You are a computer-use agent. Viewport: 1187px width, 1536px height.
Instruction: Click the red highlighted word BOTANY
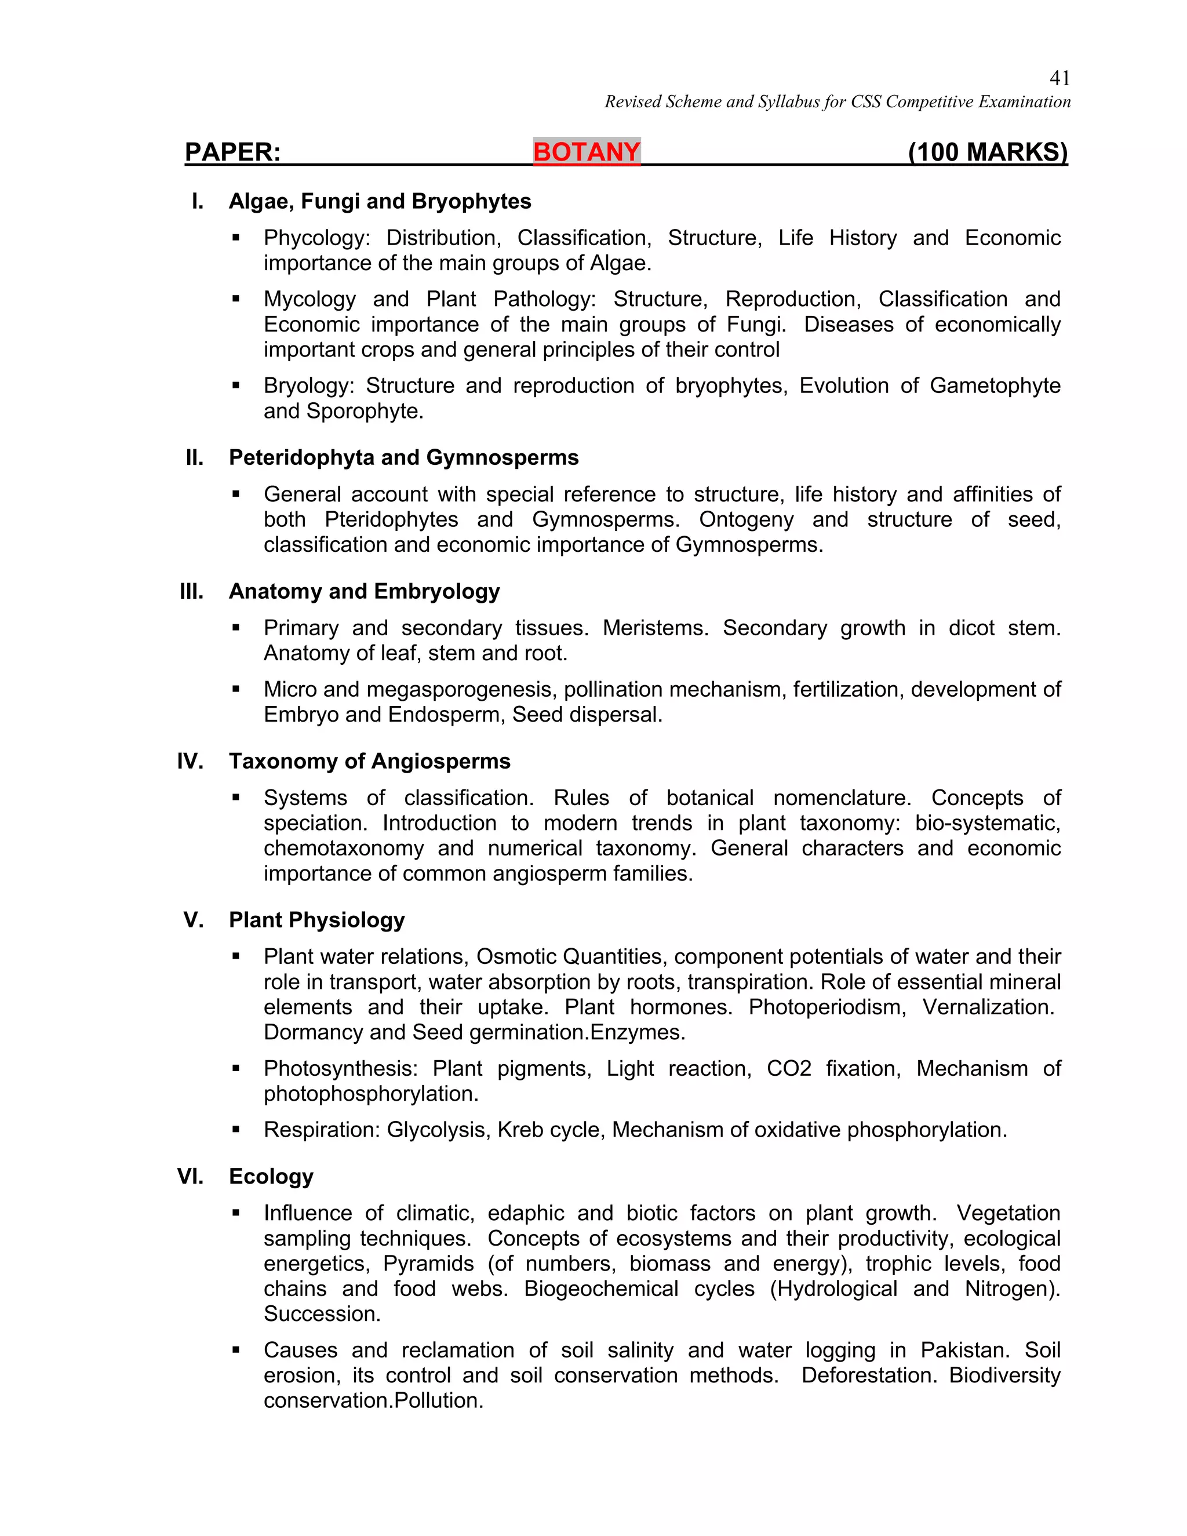[587, 152]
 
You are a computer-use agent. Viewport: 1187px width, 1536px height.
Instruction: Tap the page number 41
[1059, 78]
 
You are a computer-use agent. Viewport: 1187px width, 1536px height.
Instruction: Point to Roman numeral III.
[191, 591]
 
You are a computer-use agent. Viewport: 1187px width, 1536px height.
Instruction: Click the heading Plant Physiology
[316, 920]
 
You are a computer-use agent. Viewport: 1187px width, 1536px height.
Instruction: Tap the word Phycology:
[316, 238]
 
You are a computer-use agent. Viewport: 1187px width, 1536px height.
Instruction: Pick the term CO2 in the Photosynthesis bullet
[788, 1068]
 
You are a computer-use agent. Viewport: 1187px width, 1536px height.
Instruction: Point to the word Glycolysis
[438, 1130]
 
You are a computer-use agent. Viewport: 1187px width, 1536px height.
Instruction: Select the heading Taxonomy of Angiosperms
[369, 761]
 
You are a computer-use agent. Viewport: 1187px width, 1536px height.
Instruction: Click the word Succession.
[321, 1314]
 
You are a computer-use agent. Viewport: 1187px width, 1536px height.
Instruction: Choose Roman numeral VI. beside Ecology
[190, 1176]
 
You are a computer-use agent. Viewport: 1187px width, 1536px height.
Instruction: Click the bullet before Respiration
[236, 1130]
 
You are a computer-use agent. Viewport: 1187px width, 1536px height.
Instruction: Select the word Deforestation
[869, 1375]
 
